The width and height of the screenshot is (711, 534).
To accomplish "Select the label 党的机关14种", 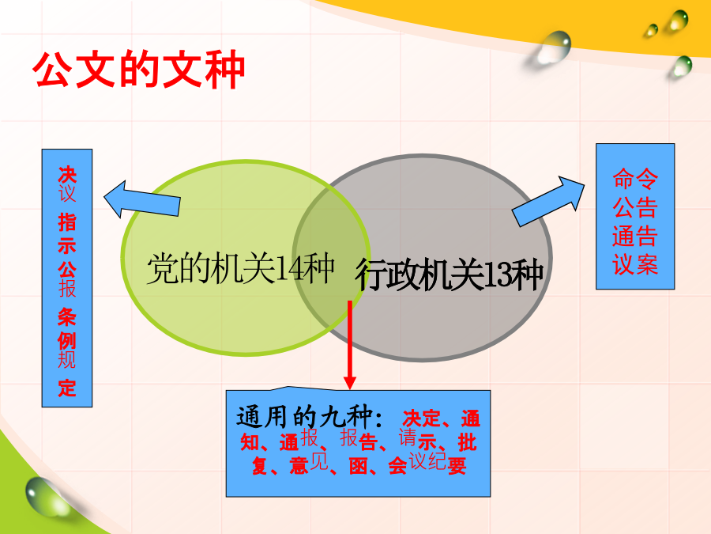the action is (241, 268).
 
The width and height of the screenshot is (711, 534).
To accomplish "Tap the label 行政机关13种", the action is (449, 274).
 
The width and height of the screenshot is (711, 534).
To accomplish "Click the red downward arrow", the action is (350, 345).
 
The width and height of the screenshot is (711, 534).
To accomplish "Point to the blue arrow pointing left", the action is (142, 200).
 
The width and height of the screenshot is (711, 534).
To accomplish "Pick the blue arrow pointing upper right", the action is (548, 201).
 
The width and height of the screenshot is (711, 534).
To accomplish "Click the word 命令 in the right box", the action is (635, 179).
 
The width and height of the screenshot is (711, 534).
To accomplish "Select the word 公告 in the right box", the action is (635, 207).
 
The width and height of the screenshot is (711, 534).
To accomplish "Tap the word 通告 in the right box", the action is (635, 236).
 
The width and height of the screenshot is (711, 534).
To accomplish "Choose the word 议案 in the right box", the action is (635, 265).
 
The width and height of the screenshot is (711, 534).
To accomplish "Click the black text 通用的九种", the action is (304, 416).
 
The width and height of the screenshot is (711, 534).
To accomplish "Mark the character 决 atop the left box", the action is (67, 175).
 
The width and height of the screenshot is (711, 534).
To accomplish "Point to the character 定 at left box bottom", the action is (67, 388).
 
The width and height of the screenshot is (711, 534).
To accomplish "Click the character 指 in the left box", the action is (67, 222).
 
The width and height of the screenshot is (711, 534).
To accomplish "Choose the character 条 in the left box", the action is (67, 317).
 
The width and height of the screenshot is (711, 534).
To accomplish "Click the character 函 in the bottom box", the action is (358, 466).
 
